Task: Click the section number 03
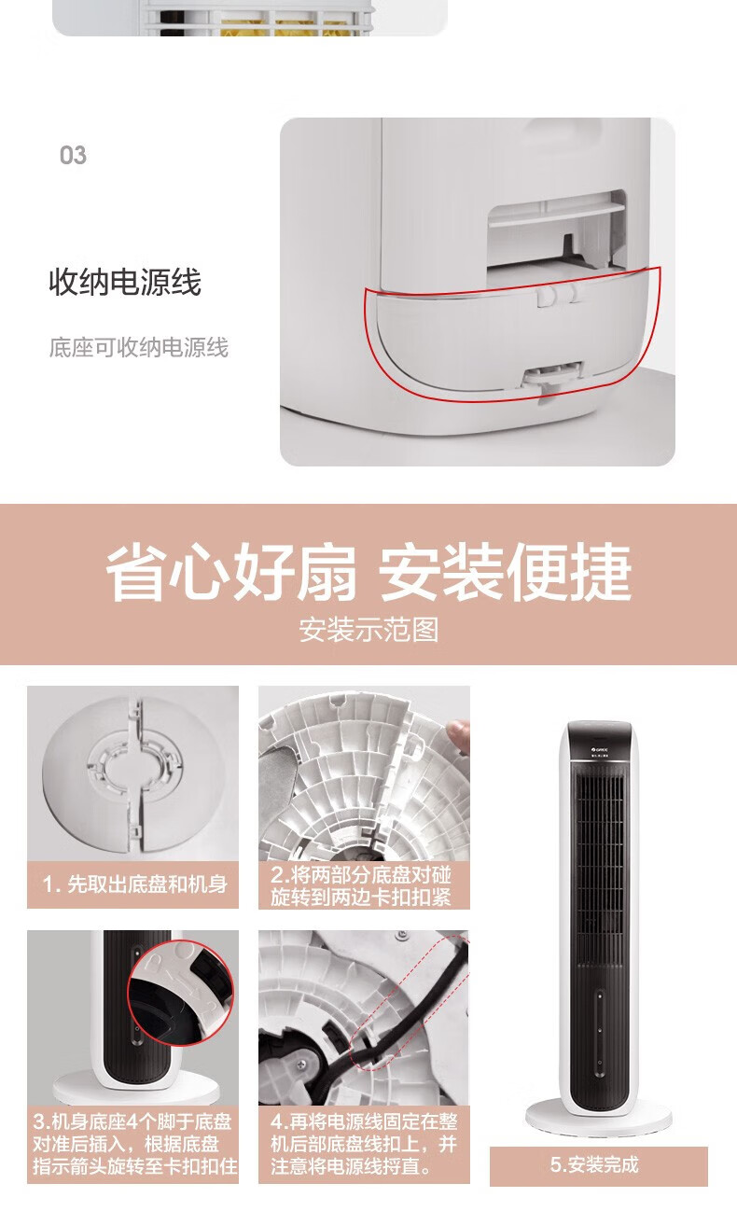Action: (x=73, y=155)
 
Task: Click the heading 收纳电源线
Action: (x=125, y=282)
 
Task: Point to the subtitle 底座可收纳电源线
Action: (x=139, y=347)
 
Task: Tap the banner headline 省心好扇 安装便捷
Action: (x=368, y=573)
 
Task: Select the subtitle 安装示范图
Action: (x=368, y=630)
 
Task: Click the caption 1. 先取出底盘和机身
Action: (x=134, y=884)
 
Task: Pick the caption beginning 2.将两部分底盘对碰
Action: (x=361, y=885)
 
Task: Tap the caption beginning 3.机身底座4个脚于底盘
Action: (x=134, y=1144)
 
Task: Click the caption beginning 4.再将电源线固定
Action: (x=364, y=1144)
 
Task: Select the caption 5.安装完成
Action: (x=594, y=1164)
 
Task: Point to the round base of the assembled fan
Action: (x=599, y=1115)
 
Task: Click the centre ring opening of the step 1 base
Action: (x=134, y=770)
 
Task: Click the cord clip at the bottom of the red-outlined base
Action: (x=552, y=377)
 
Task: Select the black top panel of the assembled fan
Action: (x=600, y=741)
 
